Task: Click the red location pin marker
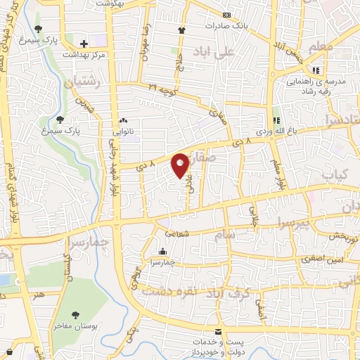coord(181,165)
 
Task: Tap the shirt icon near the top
coord(182,30)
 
